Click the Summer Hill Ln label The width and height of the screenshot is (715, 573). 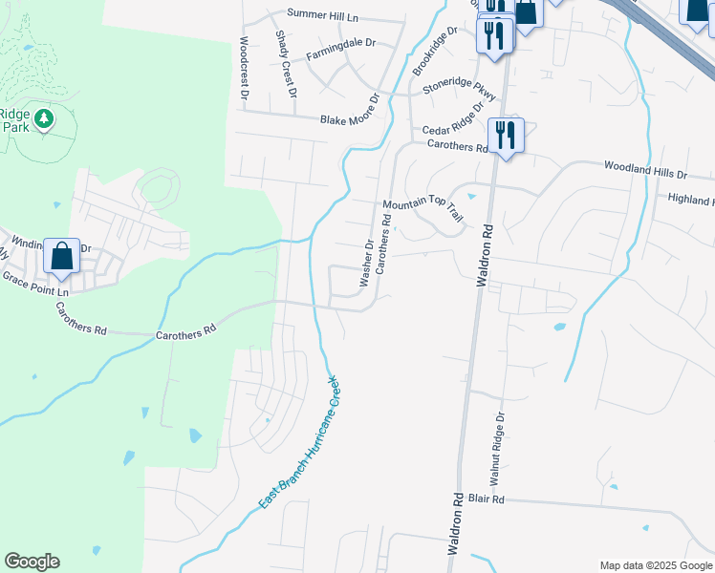(324, 15)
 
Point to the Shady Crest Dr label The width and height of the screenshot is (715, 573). (285, 63)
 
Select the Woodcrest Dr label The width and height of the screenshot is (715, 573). (245, 69)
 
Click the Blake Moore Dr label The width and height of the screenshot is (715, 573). (350, 111)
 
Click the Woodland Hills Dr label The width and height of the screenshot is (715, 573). (645, 170)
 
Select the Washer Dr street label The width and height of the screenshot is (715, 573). (365, 264)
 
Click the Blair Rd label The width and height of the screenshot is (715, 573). (513, 499)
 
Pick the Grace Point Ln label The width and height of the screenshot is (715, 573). (36, 283)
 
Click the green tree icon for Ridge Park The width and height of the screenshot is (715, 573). (43, 119)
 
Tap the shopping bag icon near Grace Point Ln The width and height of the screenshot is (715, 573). (61, 255)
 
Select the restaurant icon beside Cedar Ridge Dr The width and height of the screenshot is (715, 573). (506, 135)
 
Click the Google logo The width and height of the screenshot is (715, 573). (32, 562)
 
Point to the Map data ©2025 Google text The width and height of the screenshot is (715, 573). (656, 565)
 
